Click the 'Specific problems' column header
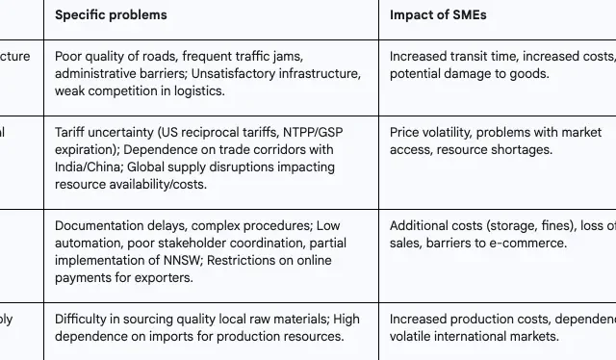point(111,15)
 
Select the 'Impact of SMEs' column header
point(438,15)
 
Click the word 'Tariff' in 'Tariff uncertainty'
point(71,132)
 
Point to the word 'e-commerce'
point(533,244)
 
